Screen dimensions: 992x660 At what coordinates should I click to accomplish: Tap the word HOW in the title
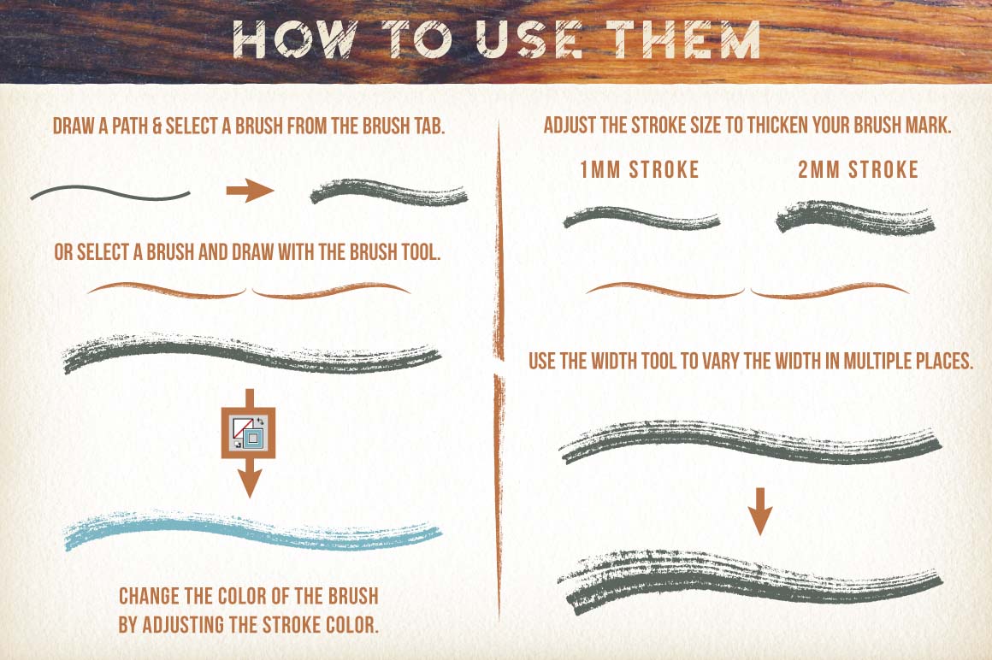(296, 39)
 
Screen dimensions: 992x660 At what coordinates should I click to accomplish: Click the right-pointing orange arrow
(250, 191)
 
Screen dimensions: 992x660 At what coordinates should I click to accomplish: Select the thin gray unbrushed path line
(110, 193)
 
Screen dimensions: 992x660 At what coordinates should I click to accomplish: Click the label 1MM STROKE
(640, 169)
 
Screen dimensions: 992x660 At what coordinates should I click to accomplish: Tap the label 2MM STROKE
(858, 169)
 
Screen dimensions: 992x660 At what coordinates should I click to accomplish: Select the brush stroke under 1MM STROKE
(641, 218)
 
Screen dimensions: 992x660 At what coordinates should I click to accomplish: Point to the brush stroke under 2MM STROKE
(855, 218)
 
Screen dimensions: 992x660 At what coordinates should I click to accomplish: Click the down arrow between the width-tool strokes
(759, 511)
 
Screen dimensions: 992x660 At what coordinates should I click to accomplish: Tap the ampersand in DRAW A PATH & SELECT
(157, 126)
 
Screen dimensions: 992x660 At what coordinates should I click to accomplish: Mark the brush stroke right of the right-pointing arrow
(389, 192)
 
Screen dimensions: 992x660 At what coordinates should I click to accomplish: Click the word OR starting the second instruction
(63, 252)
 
